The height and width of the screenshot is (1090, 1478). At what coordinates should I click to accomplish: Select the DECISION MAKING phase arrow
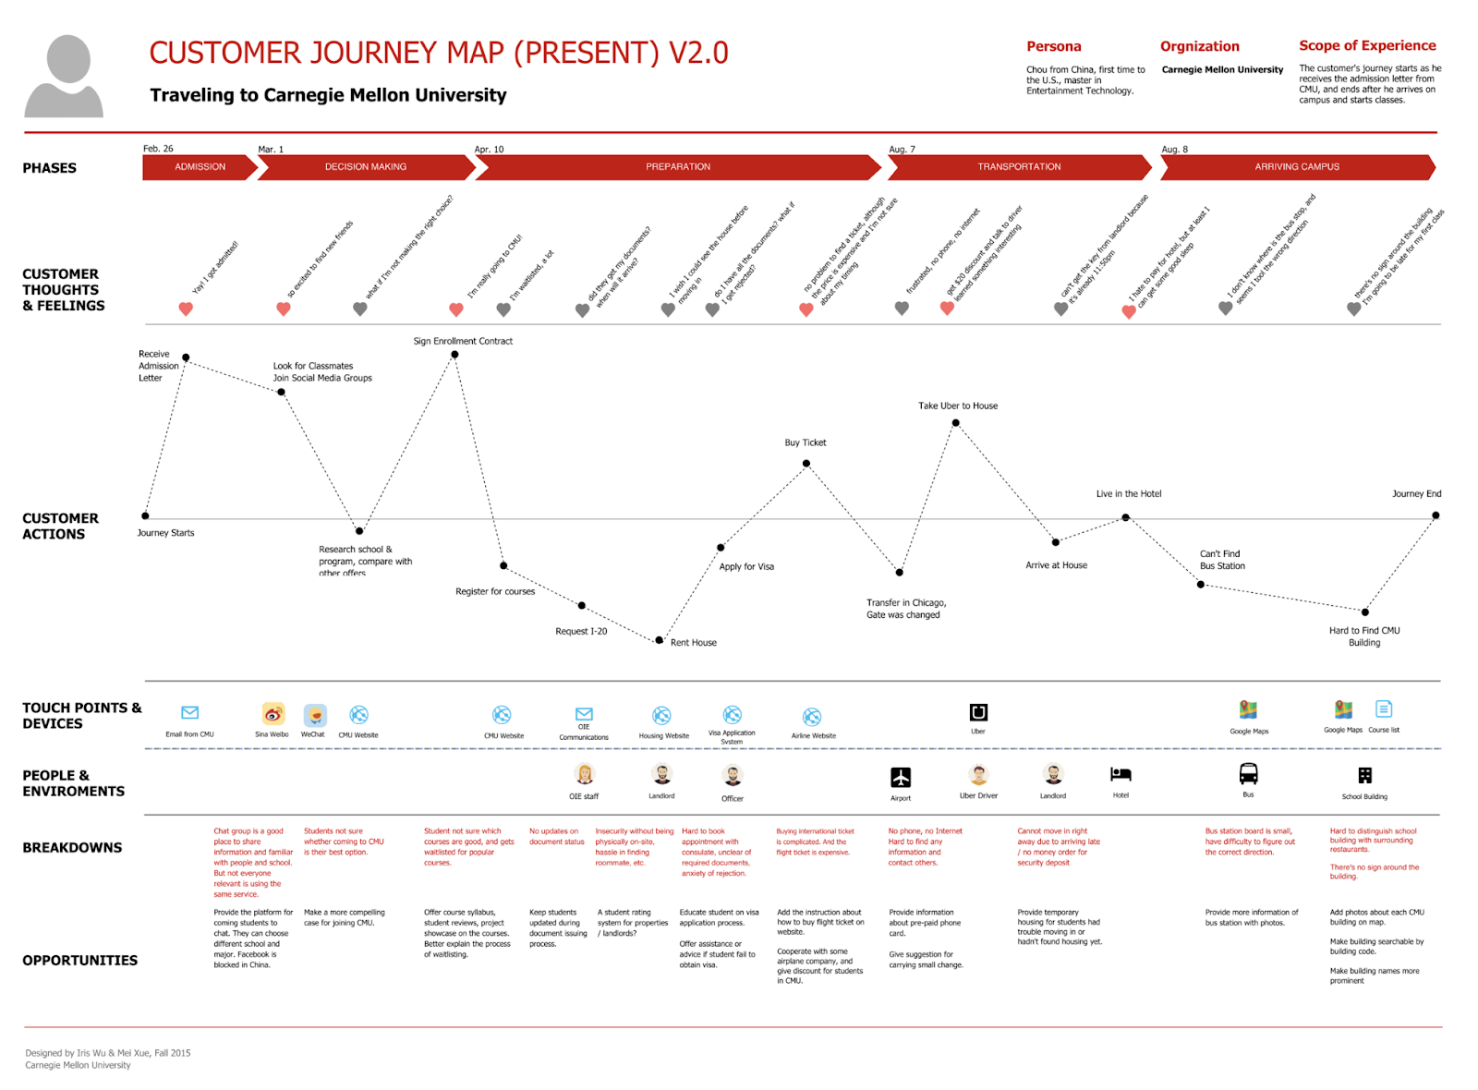366,167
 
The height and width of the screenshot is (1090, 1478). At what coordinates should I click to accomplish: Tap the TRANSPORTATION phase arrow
1019,167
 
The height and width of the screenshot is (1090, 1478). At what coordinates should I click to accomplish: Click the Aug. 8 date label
1174,150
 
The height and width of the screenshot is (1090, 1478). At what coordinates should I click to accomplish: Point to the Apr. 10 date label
489,150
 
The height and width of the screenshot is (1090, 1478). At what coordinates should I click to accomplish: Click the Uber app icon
978,712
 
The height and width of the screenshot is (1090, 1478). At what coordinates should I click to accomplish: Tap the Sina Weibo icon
273,714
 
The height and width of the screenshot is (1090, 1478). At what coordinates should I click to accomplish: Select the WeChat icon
315,714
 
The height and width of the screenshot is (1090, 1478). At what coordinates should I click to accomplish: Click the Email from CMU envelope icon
190,712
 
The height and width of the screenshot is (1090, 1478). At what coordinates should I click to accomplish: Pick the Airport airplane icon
901,777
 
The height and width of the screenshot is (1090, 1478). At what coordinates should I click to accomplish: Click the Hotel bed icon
1121,774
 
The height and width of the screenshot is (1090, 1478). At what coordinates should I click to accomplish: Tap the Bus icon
1248,773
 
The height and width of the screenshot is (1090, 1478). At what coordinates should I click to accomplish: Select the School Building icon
1364,775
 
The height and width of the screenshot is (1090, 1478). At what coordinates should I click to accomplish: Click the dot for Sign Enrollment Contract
454,355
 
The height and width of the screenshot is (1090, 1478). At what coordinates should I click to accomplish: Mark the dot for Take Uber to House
956,423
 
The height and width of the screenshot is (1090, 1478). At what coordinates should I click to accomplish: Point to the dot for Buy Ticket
806,464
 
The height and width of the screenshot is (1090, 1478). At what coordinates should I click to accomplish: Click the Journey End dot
1436,515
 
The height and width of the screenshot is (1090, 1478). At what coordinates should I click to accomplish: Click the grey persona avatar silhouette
66,78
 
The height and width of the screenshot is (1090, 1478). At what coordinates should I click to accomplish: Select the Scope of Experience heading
1367,45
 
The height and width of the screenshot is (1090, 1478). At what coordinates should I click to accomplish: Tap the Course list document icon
1384,708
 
